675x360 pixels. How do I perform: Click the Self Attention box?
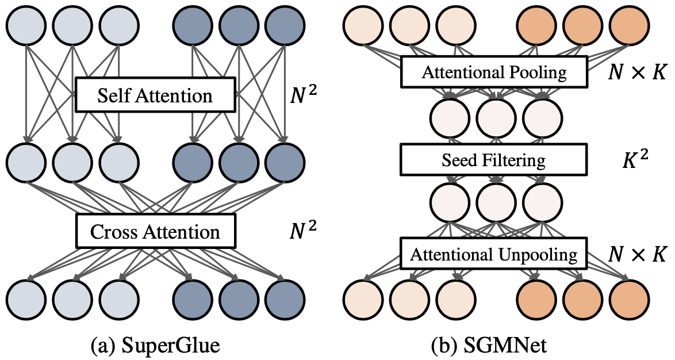point(155,95)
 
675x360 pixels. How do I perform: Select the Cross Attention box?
point(155,231)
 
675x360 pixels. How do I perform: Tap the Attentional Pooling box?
point(494,72)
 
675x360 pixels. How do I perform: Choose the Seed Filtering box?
point(494,160)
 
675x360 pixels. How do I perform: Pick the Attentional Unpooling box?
point(494,253)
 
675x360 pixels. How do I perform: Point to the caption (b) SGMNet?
point(493,346)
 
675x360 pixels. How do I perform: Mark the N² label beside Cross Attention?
point(303,230)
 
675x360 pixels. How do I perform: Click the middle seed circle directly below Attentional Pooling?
point(494,116)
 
